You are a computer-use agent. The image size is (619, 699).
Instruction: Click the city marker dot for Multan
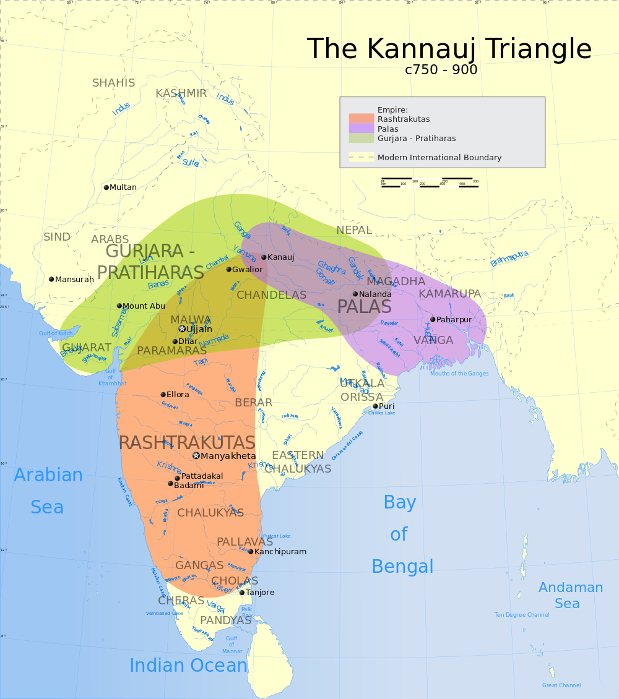click(106, 187)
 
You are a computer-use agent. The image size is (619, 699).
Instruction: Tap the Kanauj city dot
click(264, 257)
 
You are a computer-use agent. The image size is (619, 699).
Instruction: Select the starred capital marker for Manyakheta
click(196, 456)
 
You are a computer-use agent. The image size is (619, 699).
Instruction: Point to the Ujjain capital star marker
click(182, 329)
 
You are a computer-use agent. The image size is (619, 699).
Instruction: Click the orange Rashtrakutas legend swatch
click(361, 119)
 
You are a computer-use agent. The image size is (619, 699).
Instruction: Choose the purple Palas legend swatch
click(361, 129)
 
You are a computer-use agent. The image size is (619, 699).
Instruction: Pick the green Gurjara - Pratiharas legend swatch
click(361, 138)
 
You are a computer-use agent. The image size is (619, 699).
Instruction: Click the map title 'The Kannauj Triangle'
click(449, 48)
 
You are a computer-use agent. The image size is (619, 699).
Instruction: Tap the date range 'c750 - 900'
click(441, 70)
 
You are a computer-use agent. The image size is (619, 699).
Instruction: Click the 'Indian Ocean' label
click(188, 666)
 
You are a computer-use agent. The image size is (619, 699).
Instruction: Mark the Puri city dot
click(375, 406)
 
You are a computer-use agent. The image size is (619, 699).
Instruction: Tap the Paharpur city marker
click(433, 320)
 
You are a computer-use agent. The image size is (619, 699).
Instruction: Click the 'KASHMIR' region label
click(181, 93)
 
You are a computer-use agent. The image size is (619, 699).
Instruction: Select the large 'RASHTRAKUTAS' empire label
click(186, 443)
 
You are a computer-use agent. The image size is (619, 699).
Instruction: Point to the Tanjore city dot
click(242, 593)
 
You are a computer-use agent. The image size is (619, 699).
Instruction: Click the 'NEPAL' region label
click(353, 230)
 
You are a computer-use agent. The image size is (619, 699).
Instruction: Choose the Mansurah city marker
click(51, 280)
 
